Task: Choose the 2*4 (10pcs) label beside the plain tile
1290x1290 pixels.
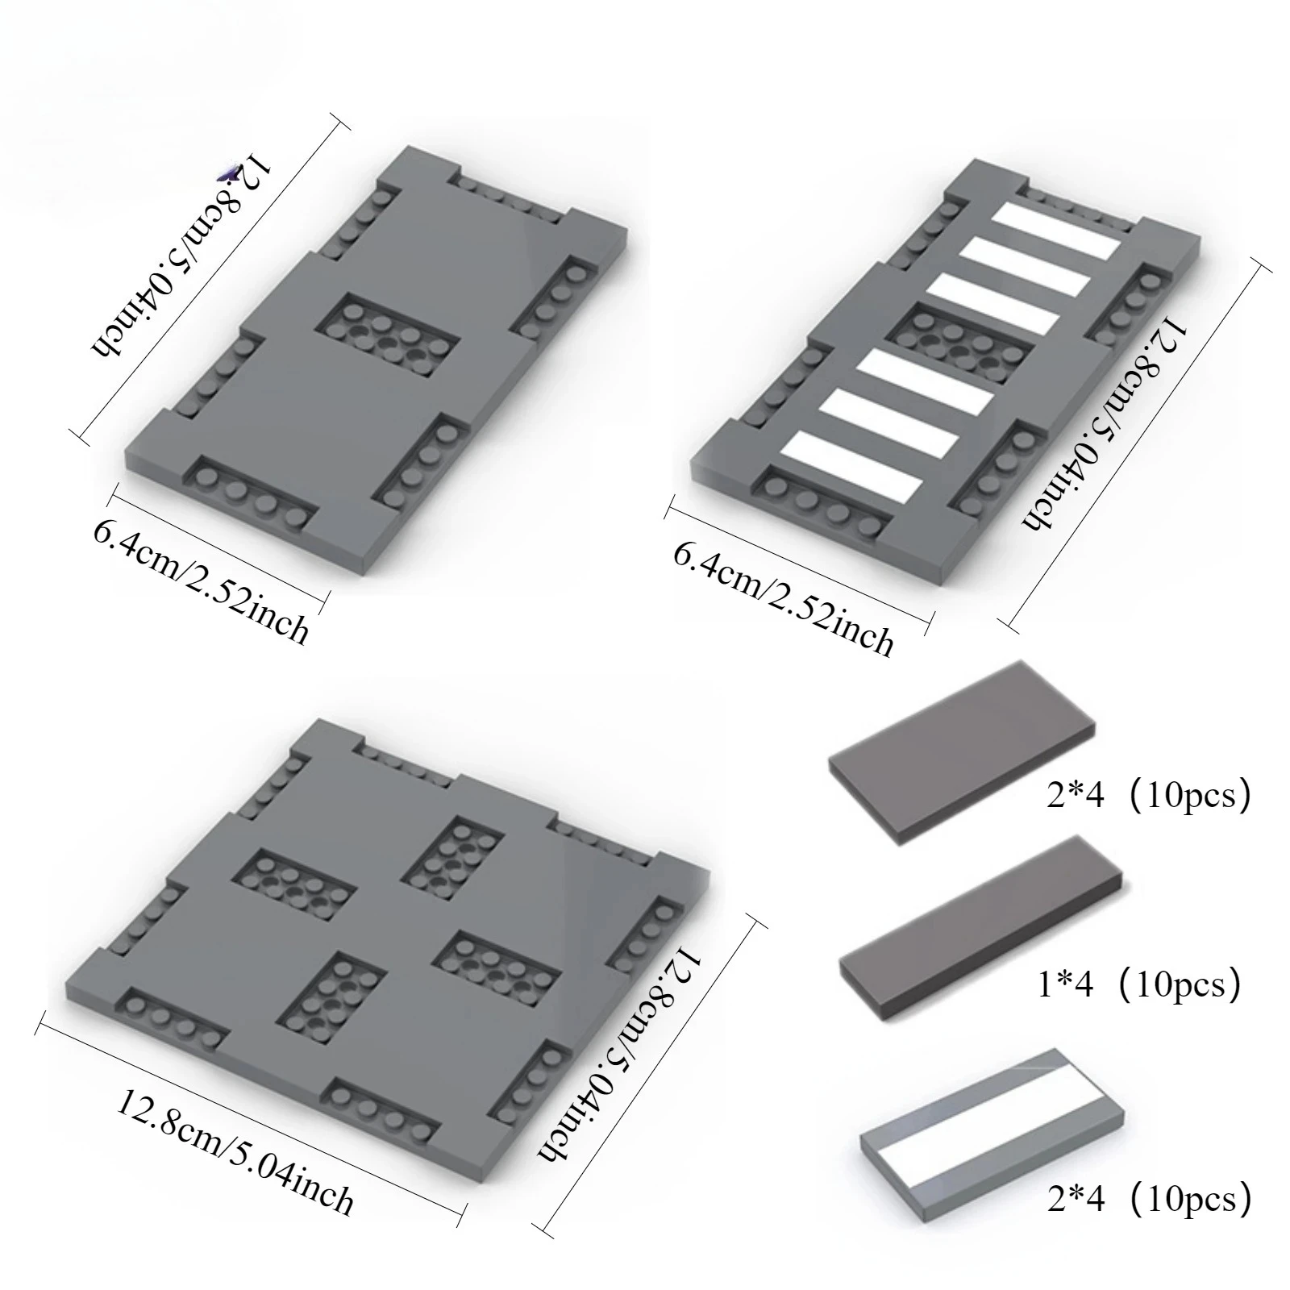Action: click(x=1149, y=796)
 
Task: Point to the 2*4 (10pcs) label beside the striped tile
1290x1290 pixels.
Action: click(x=1149, y=1200)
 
